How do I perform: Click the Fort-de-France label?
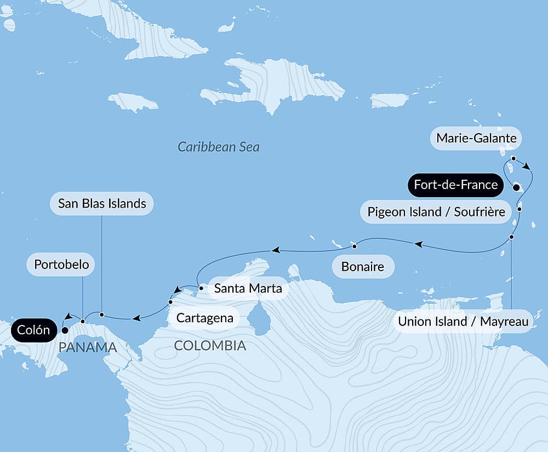coord(455,185)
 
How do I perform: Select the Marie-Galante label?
coord(476,138)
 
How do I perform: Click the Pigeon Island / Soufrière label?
coord(436,211)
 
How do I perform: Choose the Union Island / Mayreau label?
coord(463,322)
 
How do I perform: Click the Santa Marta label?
coord(248,288)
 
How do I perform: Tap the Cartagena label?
coord(204,318)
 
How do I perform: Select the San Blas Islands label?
coord(102,204)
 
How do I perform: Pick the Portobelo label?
coord(61,265)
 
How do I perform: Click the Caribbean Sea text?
coord(218,147)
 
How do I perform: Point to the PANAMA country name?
coord(88,347)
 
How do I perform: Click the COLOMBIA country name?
coord(210,346)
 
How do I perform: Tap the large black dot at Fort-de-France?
coord(516,187)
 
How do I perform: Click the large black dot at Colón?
coord(65,330)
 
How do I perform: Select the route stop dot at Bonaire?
coord(354,245)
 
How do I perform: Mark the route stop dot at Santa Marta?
coord(201,287)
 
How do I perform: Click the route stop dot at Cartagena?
coord(170,302)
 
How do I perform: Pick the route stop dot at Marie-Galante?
coord(513,158)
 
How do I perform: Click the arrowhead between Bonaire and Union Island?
coord(418,243)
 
